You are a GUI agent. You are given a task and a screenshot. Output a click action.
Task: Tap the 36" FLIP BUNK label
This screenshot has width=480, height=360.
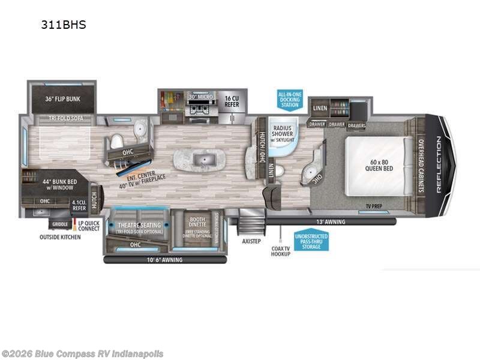(55, 99)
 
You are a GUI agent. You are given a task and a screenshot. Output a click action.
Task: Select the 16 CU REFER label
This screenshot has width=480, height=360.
(232, 100)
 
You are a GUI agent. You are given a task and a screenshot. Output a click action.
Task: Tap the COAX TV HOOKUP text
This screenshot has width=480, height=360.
(280, 251)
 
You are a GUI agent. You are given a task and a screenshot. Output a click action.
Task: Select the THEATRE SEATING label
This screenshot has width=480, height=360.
(137, 225)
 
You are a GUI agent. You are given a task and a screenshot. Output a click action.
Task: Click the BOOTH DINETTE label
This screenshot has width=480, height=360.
(194, 223)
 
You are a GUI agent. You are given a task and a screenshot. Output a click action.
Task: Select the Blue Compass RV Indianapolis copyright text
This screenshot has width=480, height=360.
(83, 353)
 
